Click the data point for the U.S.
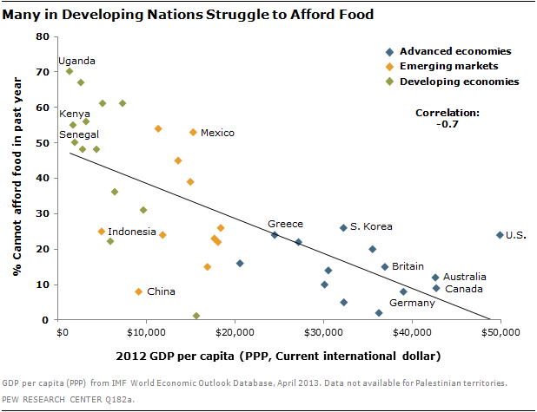click(500, 235)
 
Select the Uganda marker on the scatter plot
click(70, 71)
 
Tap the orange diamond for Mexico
click(193, 132)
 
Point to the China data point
click(138, 291)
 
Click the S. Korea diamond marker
click(343, 227)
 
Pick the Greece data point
click(275, 235)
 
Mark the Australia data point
click(435, 278)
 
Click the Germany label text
click(411, 303)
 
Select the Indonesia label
click(133, 232)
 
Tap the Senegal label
click(79, 134)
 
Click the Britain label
click(408, 266)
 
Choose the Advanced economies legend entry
click(454, 50)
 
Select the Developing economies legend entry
click(458, 82)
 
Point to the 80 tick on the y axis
click(41, 36)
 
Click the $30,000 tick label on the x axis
click(323, 332)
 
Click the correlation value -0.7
click(447, 124)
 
